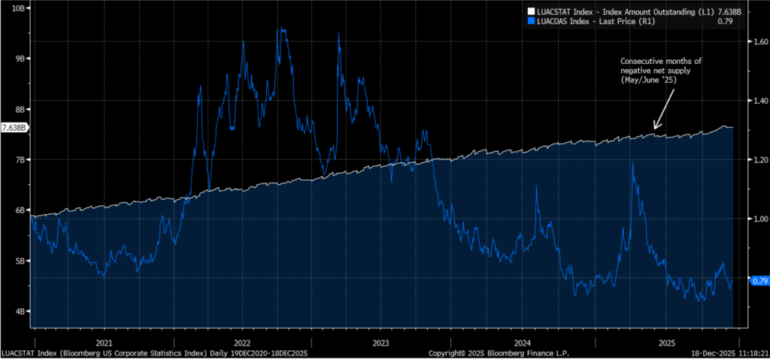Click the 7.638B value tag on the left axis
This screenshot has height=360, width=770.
coord(15,128)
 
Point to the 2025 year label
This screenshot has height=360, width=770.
coord(665,342)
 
